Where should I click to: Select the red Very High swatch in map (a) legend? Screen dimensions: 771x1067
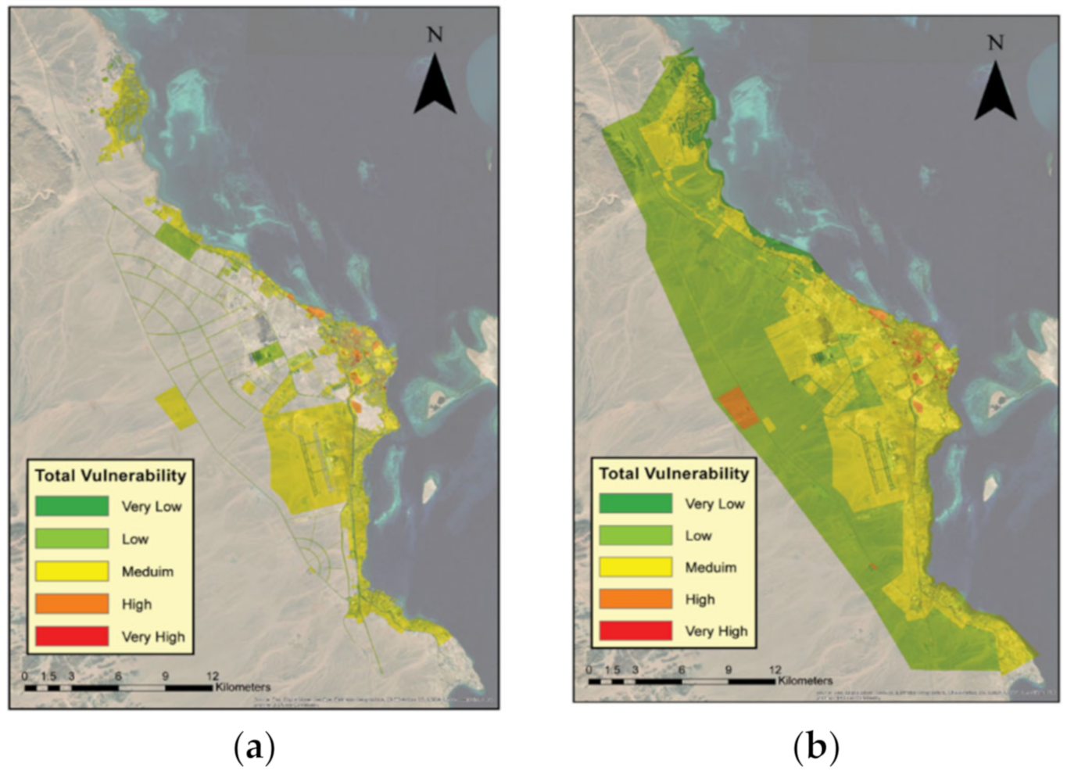(71, 636)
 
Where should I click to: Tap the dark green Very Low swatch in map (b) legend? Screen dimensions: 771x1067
(635, 503)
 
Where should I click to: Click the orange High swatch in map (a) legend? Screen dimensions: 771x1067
(71, 603)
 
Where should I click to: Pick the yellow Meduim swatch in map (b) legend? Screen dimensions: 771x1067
(635, 567)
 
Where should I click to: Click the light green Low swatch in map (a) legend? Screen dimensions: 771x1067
(71, 538)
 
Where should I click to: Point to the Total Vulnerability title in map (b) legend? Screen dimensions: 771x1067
(673, 473)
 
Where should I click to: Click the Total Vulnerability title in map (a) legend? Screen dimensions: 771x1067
(110, 475)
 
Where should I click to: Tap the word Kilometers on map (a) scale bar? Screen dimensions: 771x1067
(242, 687)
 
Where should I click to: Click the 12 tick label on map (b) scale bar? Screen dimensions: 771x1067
(774, 669)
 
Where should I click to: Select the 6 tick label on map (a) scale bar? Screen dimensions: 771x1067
(118, 676)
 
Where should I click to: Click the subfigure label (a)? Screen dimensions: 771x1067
(254, 748)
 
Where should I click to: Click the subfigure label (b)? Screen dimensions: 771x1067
(815, 748)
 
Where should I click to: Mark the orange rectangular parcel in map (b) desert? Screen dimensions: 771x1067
(739, 408)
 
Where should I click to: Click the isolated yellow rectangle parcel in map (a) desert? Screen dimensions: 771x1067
(176, 408)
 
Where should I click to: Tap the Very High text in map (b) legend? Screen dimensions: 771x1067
(716, 631)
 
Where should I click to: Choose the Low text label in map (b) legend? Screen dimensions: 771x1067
(698, 536)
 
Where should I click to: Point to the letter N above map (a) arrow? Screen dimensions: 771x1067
(435, 34)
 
